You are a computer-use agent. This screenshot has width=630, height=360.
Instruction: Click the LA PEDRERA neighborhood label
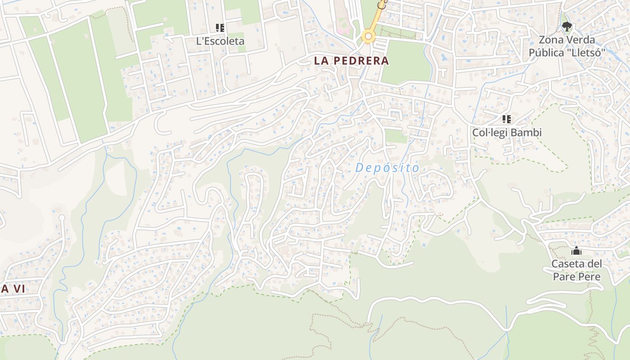(351, 61)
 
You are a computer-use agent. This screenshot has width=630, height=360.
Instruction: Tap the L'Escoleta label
(220, 41)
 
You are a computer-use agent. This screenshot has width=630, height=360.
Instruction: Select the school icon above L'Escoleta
(220, 28)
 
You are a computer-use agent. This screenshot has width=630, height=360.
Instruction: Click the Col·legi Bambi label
(507, 133)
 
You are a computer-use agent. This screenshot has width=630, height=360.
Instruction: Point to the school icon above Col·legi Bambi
(507, 119)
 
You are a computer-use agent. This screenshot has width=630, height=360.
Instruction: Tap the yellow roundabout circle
(369, 36)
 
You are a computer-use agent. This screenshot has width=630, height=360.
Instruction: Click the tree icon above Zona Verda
(567, 27)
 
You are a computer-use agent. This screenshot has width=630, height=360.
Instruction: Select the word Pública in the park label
(546, 53)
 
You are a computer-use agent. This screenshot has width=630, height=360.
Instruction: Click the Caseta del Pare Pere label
(576, 270)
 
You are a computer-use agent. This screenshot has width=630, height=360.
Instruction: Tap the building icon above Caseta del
(576, 251)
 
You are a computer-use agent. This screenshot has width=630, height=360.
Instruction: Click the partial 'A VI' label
(13, 289)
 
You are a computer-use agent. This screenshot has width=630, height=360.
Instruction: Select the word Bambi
(527, 133)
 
